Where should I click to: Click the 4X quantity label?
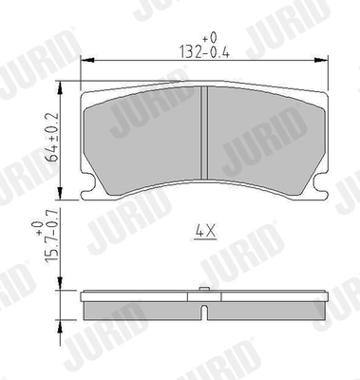[x=205, y=229]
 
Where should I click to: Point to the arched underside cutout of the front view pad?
[x=205, y=184]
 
